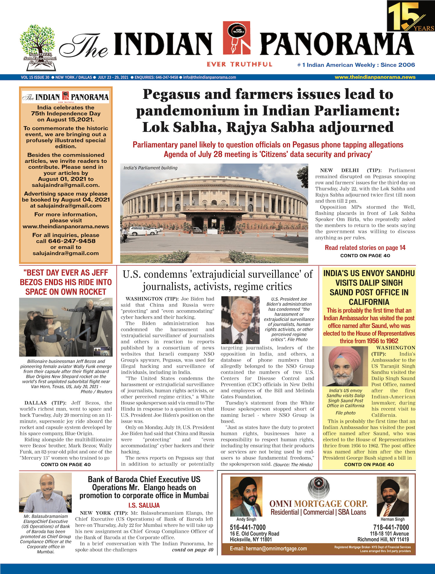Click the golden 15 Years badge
411,16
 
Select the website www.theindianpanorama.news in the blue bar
375,77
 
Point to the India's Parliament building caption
150,168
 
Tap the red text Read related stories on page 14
365,248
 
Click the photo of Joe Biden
240,320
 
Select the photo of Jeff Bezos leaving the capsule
66,327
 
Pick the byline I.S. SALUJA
144,505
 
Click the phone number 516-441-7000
248,527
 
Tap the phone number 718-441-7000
391,527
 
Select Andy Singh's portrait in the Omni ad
246,497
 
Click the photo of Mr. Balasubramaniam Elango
45,493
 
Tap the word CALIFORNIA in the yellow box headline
369,302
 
